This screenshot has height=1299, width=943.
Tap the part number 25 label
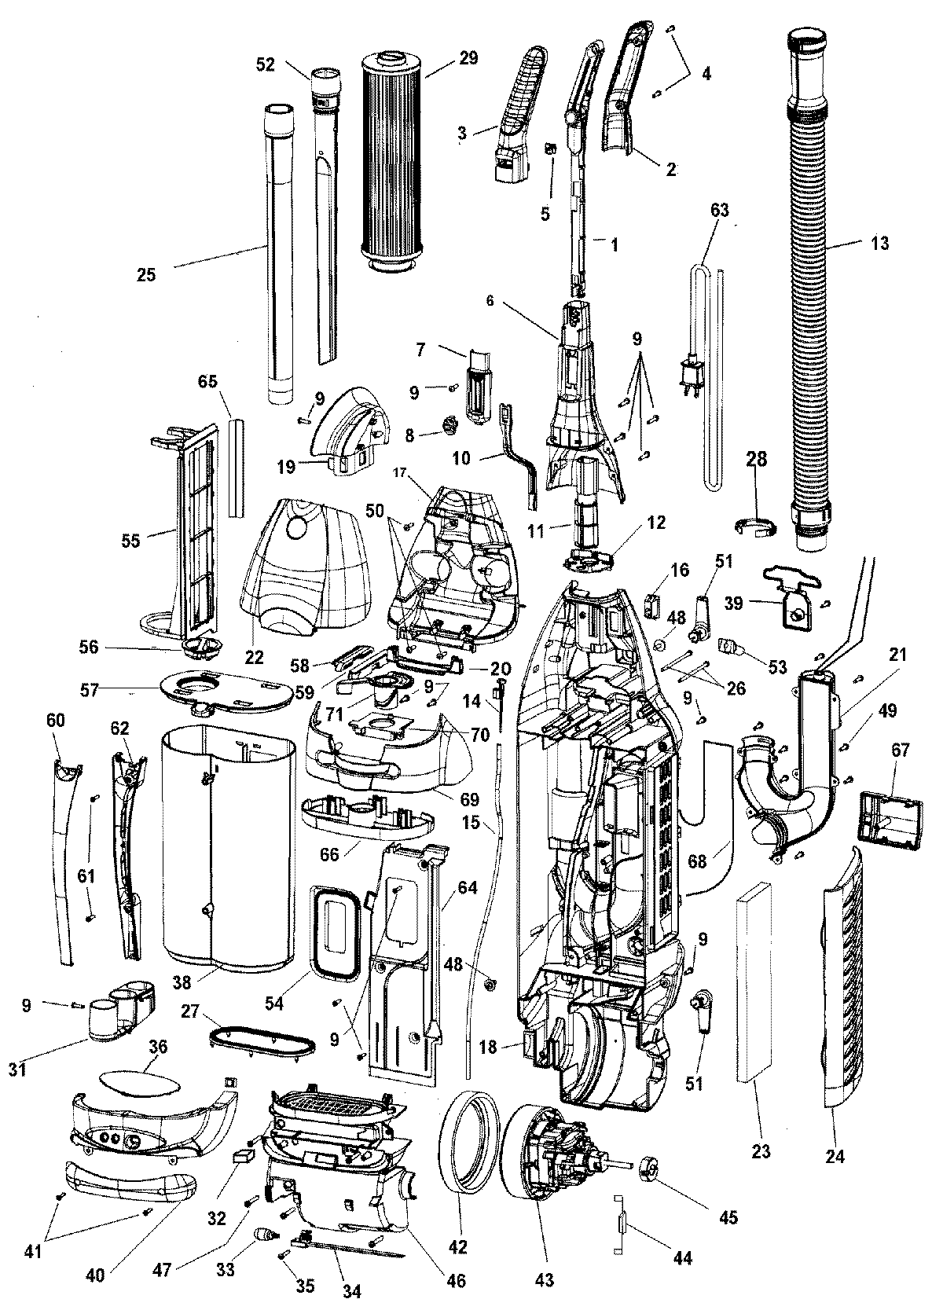pyautogui.click(x=145, y=274)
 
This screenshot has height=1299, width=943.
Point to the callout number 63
pyautogui.click(x=719, y=210)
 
